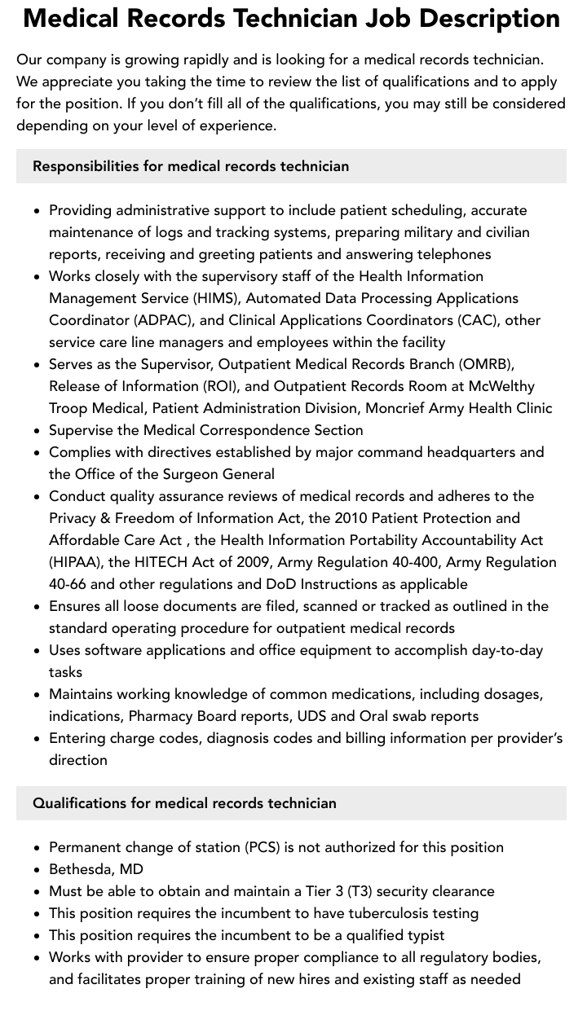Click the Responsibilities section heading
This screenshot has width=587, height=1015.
[x=191, y=166]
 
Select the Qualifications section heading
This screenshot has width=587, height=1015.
[x=184, y=803]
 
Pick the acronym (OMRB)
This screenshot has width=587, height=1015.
[x=486, y=364]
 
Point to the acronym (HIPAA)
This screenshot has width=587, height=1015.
[x=75, y=562]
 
